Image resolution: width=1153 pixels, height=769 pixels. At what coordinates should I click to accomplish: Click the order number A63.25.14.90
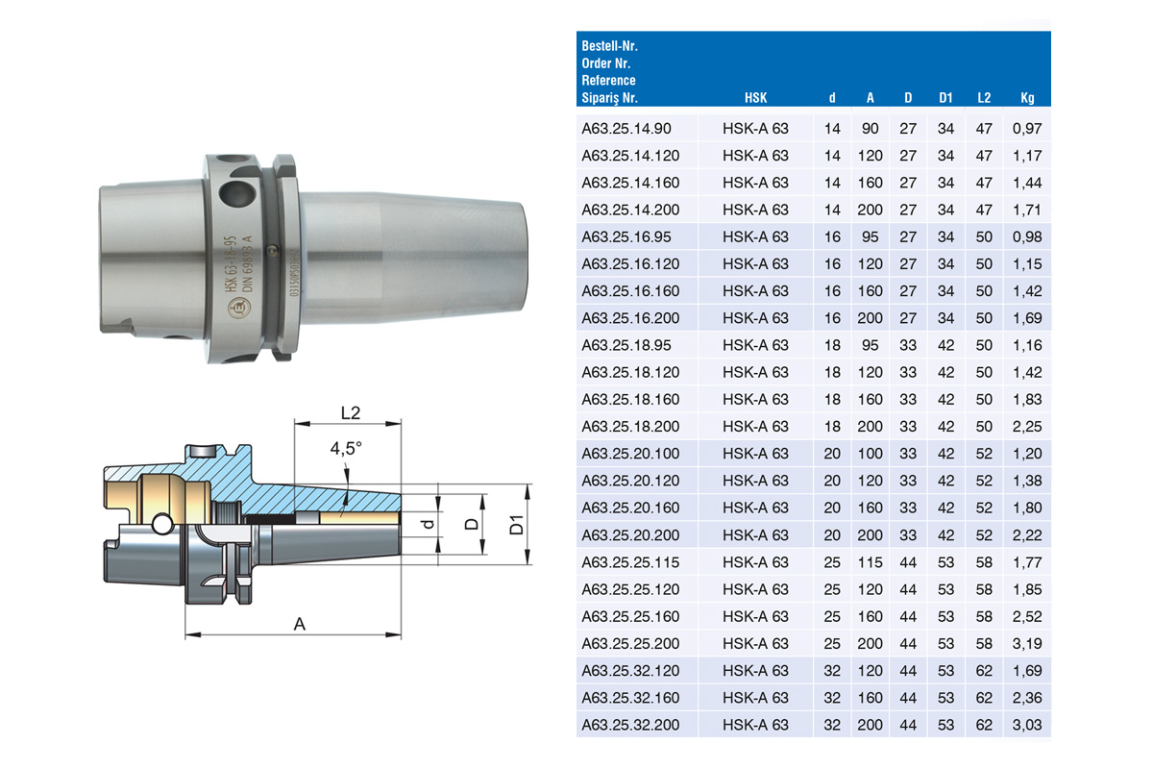pyautogui.click(x=626, y=128)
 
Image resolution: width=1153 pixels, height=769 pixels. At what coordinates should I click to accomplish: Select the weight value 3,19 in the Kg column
pyautogui.click(x=1026, y=643)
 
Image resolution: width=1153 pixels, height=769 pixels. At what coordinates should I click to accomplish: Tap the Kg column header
pyautogui.click(x=1027, y=98)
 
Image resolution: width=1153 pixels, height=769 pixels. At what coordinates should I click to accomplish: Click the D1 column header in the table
pyautogui.click(x=945, y=98)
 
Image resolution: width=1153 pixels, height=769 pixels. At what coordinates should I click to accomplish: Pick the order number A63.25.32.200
pyautogui.click(x=630, y=725)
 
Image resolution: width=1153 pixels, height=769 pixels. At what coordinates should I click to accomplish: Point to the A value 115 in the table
pyautogui.click(x=870, y=562)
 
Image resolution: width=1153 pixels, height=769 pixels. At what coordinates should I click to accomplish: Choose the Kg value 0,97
pyautogui.click(x=1027, y=128)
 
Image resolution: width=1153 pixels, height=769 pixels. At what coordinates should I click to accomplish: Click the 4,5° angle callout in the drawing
pyautogui.click(x=346, y=449)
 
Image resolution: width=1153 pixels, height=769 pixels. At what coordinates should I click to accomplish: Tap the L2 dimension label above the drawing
pyautogui.click(x=351, y=412)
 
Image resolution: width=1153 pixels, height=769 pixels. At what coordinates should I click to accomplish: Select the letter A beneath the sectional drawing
pyautogui.click(x=299, y=624)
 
